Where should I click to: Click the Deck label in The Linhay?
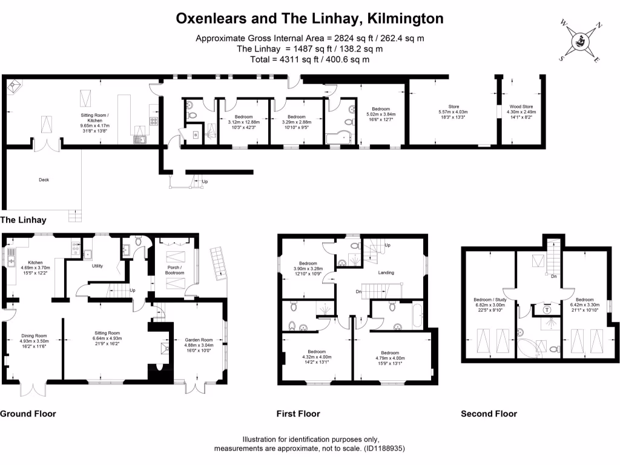coord(44,180)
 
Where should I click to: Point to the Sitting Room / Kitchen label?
coord(99,114)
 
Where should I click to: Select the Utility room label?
coord(97,266)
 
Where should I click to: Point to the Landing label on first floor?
coord(386,272)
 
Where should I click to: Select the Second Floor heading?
coord(489,414)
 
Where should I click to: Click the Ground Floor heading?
coord(28,414)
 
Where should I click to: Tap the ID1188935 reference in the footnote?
coord(383,449)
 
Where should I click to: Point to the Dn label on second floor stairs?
coord(553,276)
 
